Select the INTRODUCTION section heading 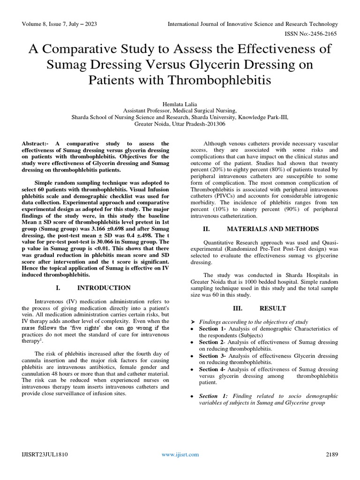pyautogui.click(x=104, y=287)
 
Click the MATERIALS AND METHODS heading pyautogui.click(x=273, y=229)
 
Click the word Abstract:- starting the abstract pyautogui.click(x=38, y=143)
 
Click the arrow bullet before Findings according pyautogui.click(x=193, y=322)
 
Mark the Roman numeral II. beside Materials pyautogui.click(x=204, y=229)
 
